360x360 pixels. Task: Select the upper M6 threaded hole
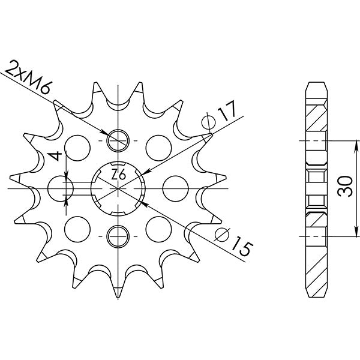(x=118, y=140)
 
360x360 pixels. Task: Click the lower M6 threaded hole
(x=118, y=235)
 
